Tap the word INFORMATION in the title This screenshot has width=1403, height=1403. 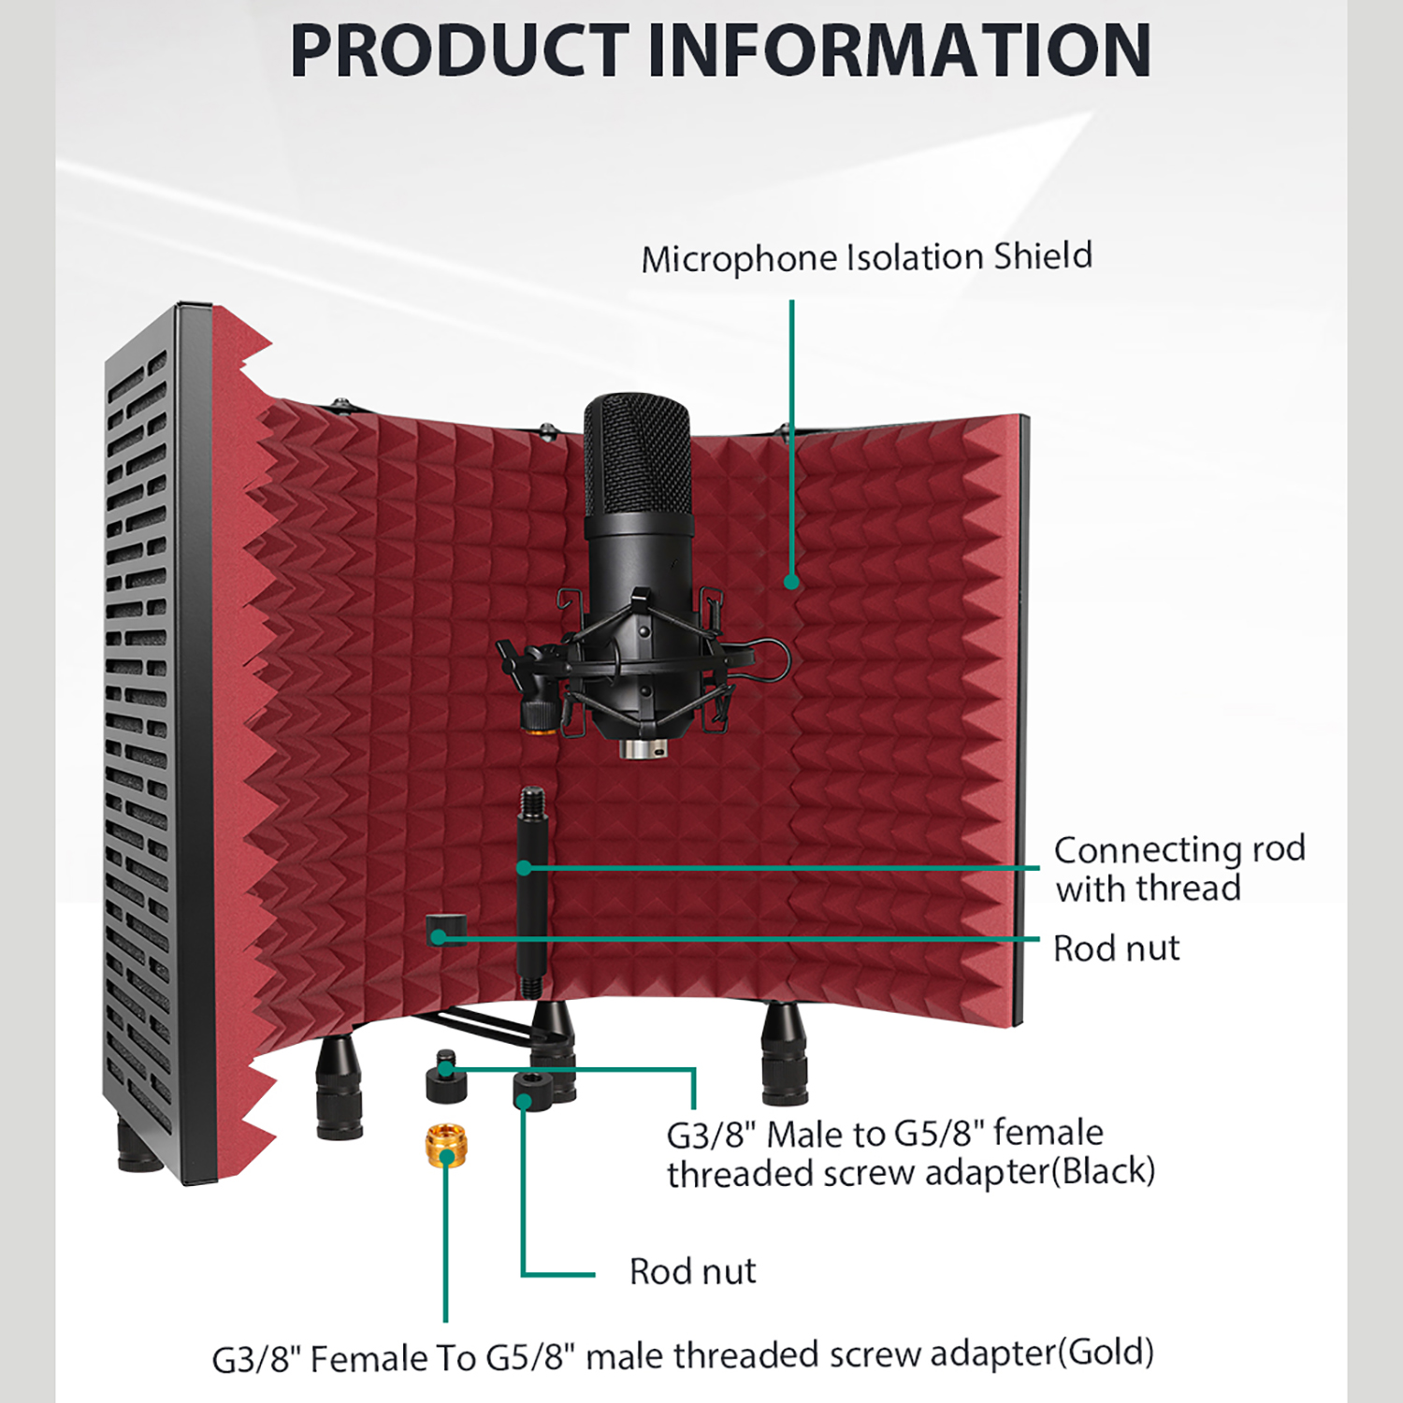pyautogui.click(x=899, y=51)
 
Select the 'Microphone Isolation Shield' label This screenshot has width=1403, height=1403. pyautogui.click(x=866, y=257)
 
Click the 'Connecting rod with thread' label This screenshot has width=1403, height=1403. pyautogui.click(x=1179, y=869)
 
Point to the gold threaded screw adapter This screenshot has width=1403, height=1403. pyautogui.click(x=446, y=1146)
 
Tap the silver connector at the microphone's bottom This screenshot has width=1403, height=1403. pyautogui.click(x=644, y=748)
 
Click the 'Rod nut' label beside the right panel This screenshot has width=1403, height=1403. pyautogui.click(x=1116, y=948)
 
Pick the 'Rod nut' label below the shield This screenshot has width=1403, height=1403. pyautogui.click(x=692, y=1271)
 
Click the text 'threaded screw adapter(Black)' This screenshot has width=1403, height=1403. pyautogui.click(x=910, y=1173)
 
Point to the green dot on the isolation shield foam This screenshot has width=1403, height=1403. pyautogui.click(x=791, y=582)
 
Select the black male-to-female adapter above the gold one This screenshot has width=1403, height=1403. pyautogui.click(x=446, y=1078)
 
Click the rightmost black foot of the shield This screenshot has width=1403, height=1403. pyautogui.click(x=785, y=1053)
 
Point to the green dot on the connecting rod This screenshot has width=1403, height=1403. pyautogui.click(x=524, y=868)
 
